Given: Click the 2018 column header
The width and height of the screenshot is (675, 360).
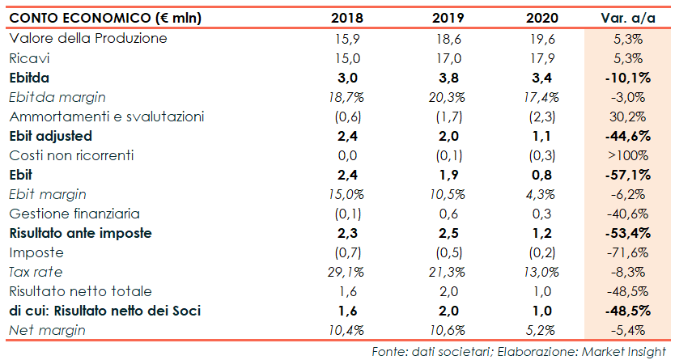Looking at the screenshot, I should [x=346, y=18].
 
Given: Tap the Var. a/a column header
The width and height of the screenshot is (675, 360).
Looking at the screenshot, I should [x=622, y=18].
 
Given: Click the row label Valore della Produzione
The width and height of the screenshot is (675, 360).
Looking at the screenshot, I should [x=87, y=38].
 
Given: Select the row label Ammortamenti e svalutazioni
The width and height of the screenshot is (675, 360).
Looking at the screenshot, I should [x=105, y=116].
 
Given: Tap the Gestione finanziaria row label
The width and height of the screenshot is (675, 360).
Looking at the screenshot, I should [x=74, y=214].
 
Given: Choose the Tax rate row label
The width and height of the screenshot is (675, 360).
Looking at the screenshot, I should [x=36, y=272].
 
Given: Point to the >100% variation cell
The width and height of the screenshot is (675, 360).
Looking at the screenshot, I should [x=623, y=155].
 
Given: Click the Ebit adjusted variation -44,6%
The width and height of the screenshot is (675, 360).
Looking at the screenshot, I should [x=622, y=136].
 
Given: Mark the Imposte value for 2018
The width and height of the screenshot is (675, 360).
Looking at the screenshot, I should [x=346, y=252].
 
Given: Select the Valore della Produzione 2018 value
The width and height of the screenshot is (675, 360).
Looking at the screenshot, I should [x=346, y=38].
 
